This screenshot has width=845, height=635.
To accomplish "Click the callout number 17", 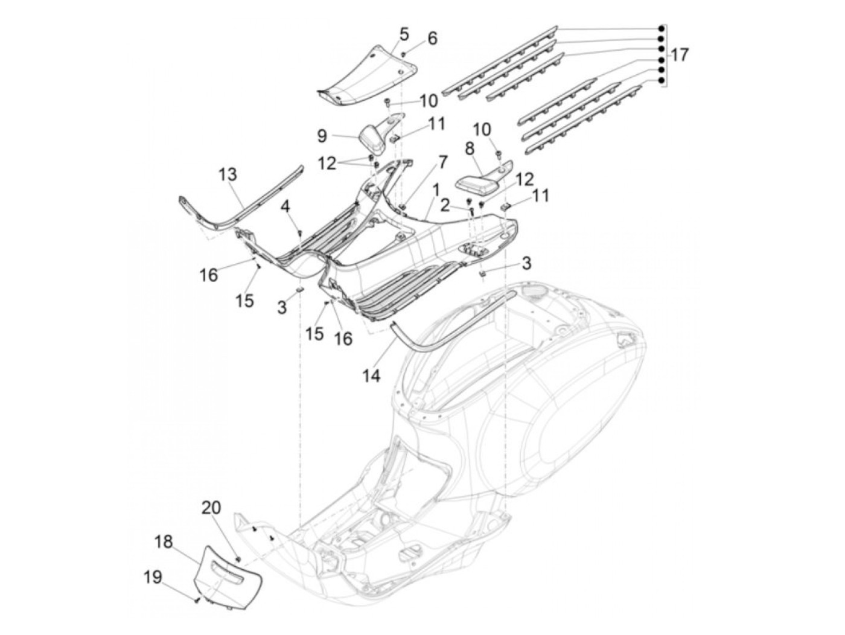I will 679,56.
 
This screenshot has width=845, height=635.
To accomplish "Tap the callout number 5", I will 404,33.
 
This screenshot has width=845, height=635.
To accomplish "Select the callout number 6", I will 432,38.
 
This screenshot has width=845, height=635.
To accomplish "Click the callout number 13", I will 228,175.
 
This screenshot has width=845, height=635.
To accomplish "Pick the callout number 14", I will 372,375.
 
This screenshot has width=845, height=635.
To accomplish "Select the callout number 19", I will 153,578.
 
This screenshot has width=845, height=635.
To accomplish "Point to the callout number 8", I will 469,148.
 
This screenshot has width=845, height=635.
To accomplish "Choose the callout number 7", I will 442,162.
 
